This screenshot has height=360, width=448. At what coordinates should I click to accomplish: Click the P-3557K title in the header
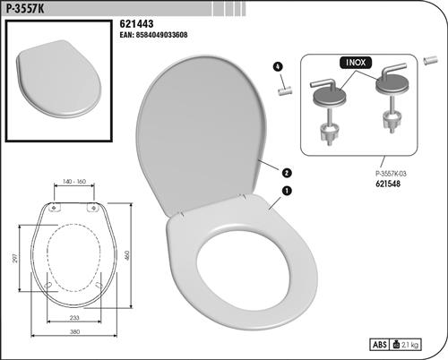point(25,8)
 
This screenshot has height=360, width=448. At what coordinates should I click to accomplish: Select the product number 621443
point(136,23)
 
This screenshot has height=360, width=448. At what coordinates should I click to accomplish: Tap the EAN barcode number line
point(153,35)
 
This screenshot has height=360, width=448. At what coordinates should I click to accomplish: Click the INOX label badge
point(356,63)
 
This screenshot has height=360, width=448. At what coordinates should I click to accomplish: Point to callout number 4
point(278,66)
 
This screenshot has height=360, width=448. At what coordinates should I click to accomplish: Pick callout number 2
point(287,173)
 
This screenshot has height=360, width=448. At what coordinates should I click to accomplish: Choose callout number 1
point(287,191)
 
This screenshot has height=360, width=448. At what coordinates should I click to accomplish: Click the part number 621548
point(388,184)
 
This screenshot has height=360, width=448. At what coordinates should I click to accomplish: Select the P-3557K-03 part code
point(391,174)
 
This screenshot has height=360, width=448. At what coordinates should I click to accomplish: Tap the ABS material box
point(380,345)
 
